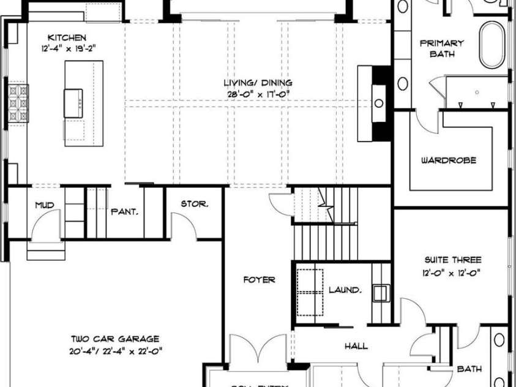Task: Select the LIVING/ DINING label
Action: (257, 83)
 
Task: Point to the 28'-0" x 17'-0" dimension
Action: (257, 94)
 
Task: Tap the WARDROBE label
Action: (448, 160)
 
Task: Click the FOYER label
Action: (259, 280)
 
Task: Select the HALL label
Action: (356, 347)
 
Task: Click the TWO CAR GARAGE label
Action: (115, 339)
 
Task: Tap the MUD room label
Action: (43, 205)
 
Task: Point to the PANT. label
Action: (124, 212)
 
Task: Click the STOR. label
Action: (194, 204)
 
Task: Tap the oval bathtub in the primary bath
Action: (490, 45)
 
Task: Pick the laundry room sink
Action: (381, 293)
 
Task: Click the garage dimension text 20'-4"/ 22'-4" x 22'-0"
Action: (115, 350)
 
